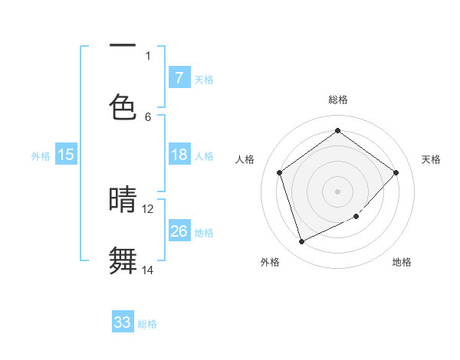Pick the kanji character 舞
click(123, 260)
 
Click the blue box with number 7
click(179, 77)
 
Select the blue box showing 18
click(179, 155)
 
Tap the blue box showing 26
click(179, 231)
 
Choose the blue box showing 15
click(66, 155)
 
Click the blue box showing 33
click(123, 322)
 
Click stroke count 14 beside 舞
click(148, 270)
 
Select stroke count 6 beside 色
click(148, 116)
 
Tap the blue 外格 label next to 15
click(41, 155)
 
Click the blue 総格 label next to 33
click(147, 323)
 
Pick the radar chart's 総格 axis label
click(338, 100)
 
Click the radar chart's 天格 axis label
click(431, 159)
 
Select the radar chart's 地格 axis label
click(402, 262)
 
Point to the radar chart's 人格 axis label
click(245, 159)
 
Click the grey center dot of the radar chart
click(337, 191)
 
